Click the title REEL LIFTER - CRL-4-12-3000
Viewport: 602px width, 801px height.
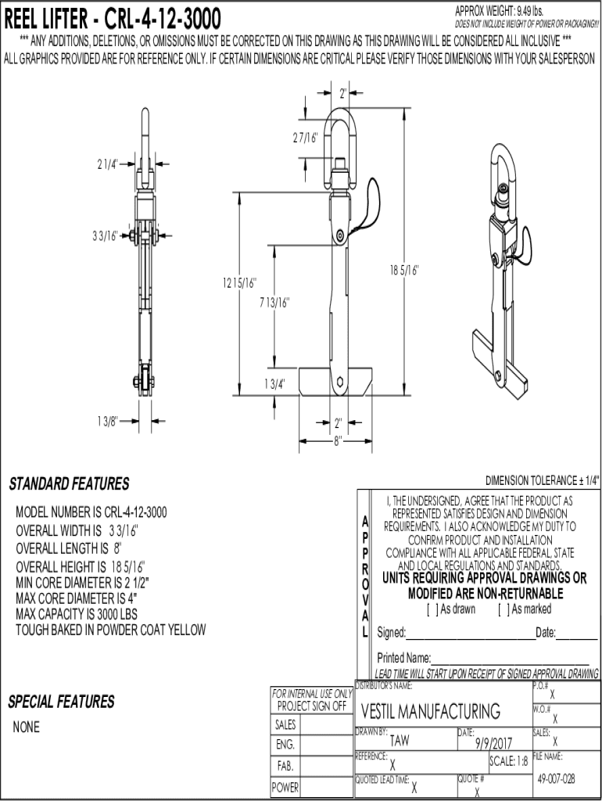point(113,18)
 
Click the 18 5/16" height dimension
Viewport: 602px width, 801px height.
point(405,270)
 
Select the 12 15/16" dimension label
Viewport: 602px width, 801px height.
point(240,282)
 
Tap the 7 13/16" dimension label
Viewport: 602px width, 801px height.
point(274,303)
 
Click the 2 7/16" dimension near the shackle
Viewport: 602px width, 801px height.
point(305,138)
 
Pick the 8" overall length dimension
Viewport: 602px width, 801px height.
point(338,440)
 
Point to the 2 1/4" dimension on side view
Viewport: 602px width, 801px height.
point(107,163)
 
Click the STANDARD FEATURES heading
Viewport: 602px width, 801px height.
point(69,484)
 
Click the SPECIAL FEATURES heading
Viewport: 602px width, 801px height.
point(61,701)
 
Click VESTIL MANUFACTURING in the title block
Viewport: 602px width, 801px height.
point(430,711)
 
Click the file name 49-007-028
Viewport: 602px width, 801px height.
point(557,779)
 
